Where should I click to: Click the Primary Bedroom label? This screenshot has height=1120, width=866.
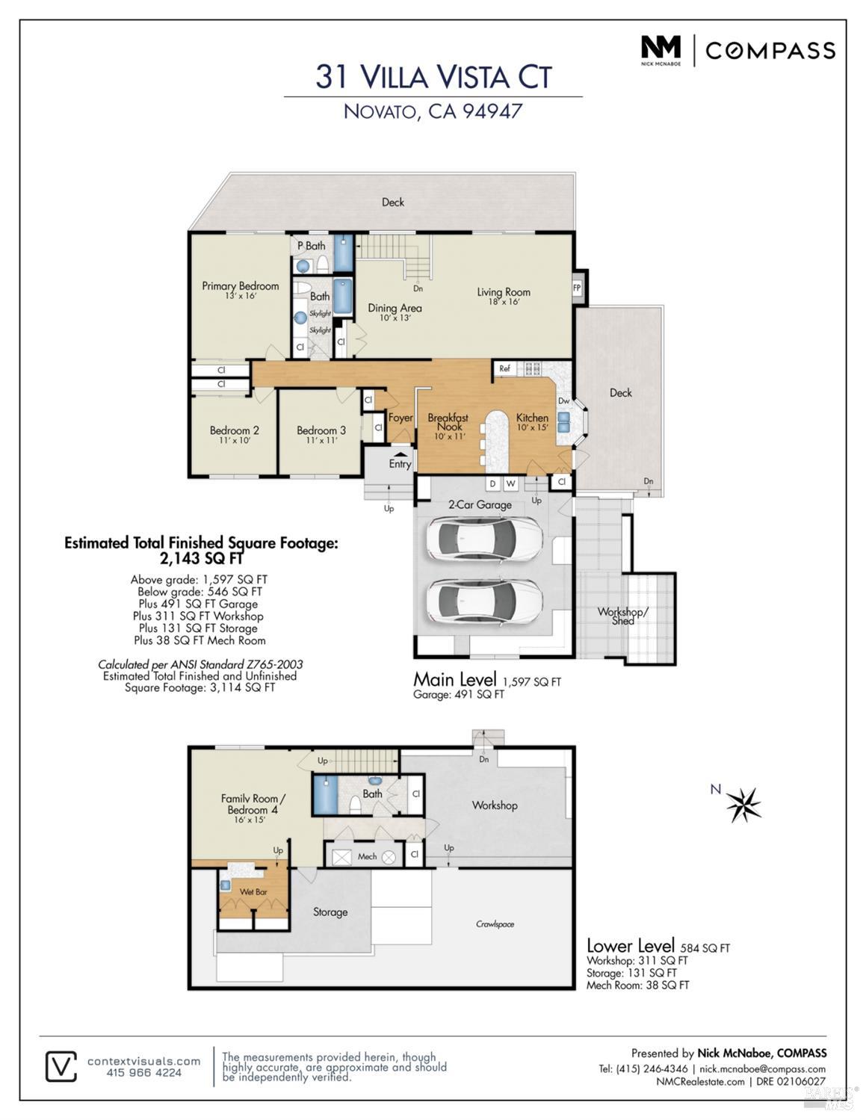pyautogui.click(x=240, y=286)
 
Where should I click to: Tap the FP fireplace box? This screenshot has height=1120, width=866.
pyautogui.click(x=577, y=288)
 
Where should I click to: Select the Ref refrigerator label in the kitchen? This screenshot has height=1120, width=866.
pyautogui.click(x=504, y=368)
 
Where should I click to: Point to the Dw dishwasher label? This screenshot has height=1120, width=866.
pyautogui.click(x=564, y=400)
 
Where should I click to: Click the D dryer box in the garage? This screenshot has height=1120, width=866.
pyautogui.click(x=493, y=483)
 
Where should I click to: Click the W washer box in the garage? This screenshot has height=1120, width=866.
pyautogui.click(x=510, y=483)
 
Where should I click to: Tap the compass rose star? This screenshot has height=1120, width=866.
pyautogui.click(x=743, y=805)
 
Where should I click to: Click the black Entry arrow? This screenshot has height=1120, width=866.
pyautogui.click(x=400, y=454)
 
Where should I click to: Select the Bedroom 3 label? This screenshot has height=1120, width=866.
pyautogui.click(x=321, y=430)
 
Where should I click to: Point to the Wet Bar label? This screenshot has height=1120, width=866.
pyautogui.click(x=253, y=891)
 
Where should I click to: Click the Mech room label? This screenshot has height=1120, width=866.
pyautogui.click(x=367, y=856)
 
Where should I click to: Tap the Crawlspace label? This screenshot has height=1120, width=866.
pyautogui.click(x=495, y=924)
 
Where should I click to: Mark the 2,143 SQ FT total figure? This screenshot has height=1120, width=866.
pyautogui.click(x=201, y=557)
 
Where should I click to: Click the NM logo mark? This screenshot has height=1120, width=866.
pyautogui.click(x=661, y=47)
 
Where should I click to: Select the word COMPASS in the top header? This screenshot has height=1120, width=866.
pyautogui.click(x=770, y=51)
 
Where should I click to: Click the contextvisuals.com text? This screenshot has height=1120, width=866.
pyautogui.click(x=143, y=1061)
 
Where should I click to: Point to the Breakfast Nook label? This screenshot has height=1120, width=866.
pyautogui.click(x=448, y=421)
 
